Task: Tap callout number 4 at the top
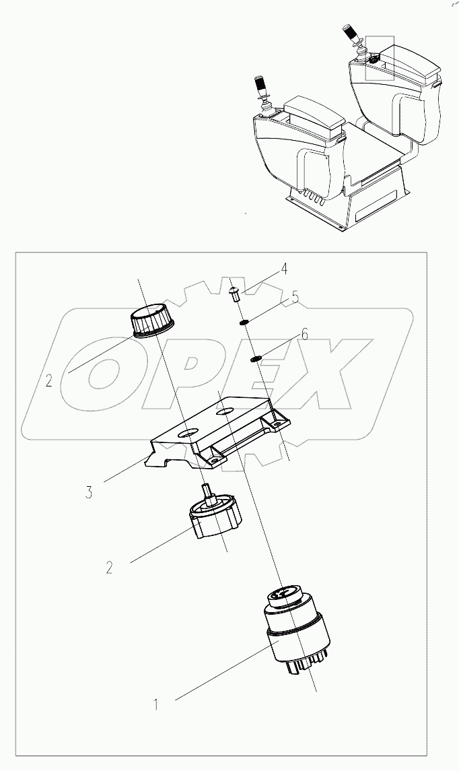click(x=285, y=269)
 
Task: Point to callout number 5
click(x=295, y=296)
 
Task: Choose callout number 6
click(x=305, y=334)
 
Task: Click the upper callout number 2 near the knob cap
click(x=49, y=381)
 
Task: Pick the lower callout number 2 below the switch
click(x=109, y=567)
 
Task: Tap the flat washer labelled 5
click(x=245, y=322)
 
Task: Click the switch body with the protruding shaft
click(x=214, y=518)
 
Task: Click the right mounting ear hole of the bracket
click(x=275, y=423)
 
